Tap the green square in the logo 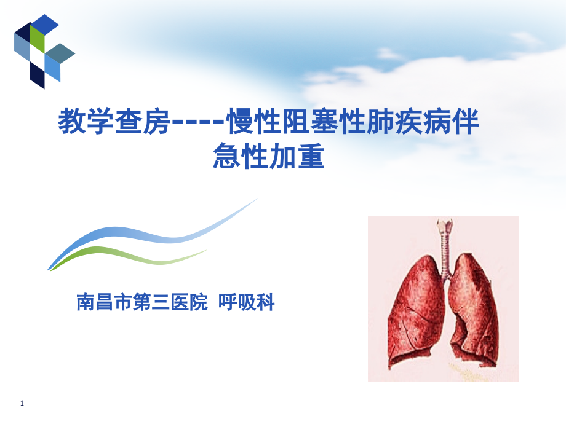tap(38, 39)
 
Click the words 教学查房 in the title tap(114, 122)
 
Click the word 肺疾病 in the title tap(409, 122)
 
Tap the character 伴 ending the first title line tap(466, 122)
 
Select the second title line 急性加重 tap(269, 157)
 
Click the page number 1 tap(23, 403)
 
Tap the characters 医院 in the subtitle tap(189, 303)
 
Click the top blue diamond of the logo tap(45, 25)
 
